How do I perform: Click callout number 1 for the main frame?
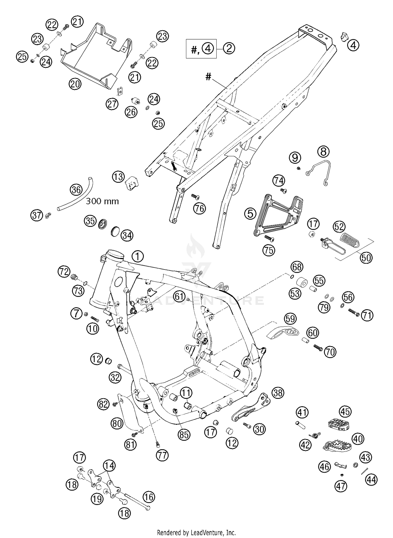point(138,256)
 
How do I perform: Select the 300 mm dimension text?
point(102,201)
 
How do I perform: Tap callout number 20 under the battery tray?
point(75,84)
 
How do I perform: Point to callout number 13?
point(118,177)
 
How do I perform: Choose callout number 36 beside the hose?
point(76,189)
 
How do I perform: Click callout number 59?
point(290,319)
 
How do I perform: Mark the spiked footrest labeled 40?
point(336,444)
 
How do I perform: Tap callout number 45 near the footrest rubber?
point(345,412)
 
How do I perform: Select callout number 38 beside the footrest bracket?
point(278,393)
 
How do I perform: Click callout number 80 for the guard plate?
point(117,423)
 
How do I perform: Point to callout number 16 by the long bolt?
point(149,497)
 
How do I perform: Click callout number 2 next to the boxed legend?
point(229,48)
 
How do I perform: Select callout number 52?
point(339,227)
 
